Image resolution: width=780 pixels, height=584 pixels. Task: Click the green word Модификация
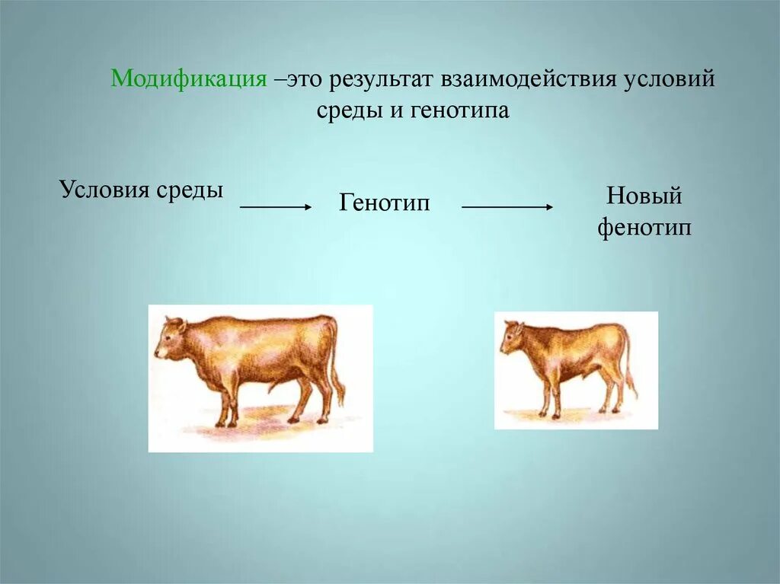(x=188, y=79)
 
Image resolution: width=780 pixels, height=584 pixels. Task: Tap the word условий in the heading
(x=671, y=80)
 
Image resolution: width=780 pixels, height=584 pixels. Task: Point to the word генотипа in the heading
(x=460, y=110)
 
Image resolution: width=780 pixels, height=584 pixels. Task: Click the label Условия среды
(x=141, y=189)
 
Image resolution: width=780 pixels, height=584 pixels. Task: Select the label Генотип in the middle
(x=385, y=203)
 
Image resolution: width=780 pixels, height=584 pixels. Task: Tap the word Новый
(x=644, y=196)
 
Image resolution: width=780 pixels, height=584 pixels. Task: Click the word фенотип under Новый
(x=644, y=227)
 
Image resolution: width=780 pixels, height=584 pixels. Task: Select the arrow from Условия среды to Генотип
(x=276, y=206)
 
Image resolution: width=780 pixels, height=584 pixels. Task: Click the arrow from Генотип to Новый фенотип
(x=507, y=206)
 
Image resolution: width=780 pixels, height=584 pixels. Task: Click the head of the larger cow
(x=169, y=340)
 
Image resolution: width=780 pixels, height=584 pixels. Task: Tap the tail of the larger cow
(x=334, y=365)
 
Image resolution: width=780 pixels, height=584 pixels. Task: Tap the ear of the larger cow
(x=181, y=326)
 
